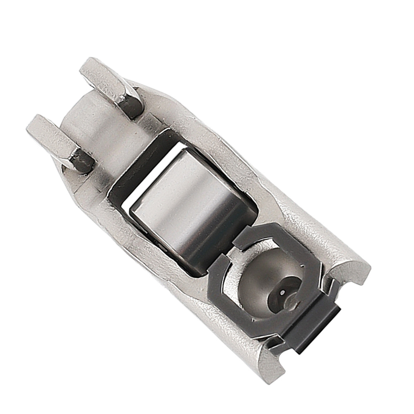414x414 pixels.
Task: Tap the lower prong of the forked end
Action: pyautogui.click(x=54, y=137)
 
